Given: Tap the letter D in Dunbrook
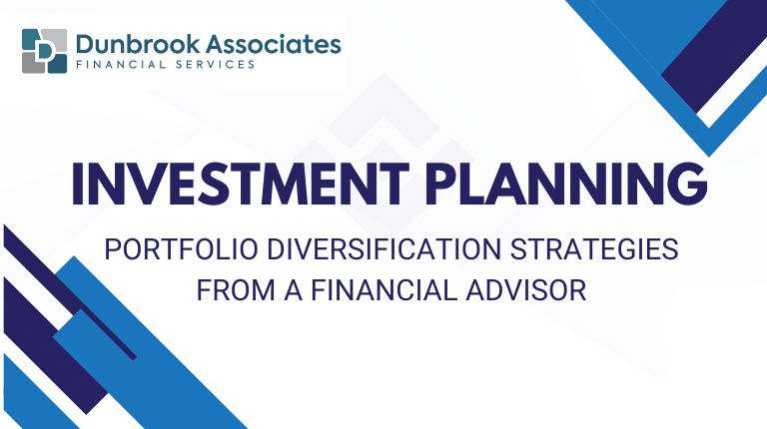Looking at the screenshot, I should click(88, 44).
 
